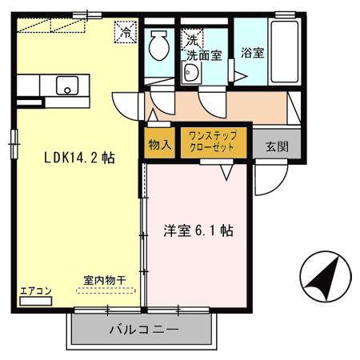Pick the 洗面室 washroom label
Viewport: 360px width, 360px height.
tap(204, 55)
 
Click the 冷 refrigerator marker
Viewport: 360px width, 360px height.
tap(126, 34)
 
